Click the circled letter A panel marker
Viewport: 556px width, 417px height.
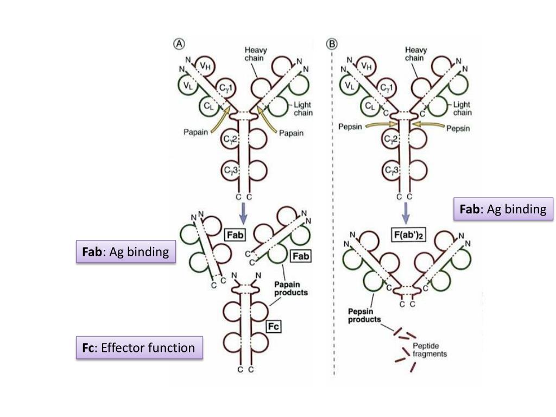click(179, 43)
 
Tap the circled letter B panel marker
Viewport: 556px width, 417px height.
click(332, 43)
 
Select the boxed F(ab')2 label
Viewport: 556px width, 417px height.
click(408, 235)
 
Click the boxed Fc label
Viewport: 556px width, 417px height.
click(274, 326)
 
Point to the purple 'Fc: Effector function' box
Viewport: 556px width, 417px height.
click(140, 347)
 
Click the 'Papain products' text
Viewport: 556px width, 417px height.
click(291, 288)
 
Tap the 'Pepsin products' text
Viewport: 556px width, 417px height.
click(364, 315)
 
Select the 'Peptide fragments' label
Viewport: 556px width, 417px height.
click(429, 350)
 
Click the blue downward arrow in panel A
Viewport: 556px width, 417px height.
click(243, 213)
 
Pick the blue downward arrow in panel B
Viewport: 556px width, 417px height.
click(406, 213)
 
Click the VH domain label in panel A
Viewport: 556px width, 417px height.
click(205, 66)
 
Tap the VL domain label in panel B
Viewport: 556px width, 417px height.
click(350, 85)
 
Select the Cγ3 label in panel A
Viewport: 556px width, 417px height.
click(231, 170)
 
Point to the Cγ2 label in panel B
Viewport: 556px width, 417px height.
click(391, 138)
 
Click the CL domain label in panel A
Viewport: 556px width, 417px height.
click(208, 105)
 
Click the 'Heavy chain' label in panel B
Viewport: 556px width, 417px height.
click(415, 54)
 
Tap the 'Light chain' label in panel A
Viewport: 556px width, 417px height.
click(303, 109)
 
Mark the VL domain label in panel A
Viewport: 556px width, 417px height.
click(188, 86)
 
